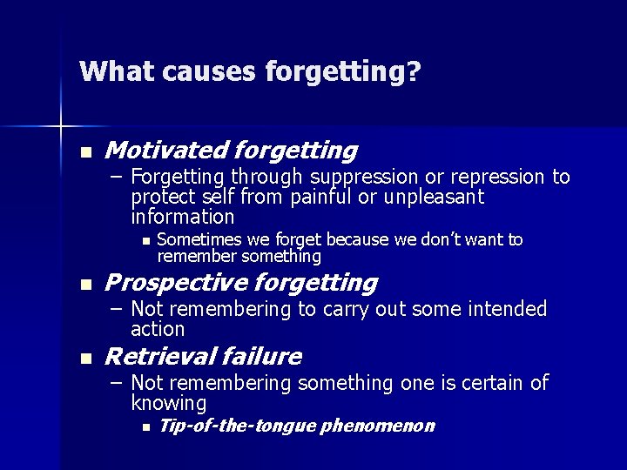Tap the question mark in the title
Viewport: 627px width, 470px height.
click(414, 70)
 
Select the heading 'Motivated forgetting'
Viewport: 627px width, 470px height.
click(231, 151)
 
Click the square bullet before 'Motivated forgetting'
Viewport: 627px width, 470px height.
click(84, 152)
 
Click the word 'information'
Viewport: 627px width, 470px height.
click(182, 216)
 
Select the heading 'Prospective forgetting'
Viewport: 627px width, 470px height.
click(240, 283)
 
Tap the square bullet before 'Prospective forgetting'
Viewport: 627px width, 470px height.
click(84, 284)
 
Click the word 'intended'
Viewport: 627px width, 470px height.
click(506, 309)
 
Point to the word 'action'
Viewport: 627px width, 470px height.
click(158, 329)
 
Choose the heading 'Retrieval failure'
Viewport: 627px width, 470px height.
click(203, 357)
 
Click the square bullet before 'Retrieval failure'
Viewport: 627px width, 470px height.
click(84, 358)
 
